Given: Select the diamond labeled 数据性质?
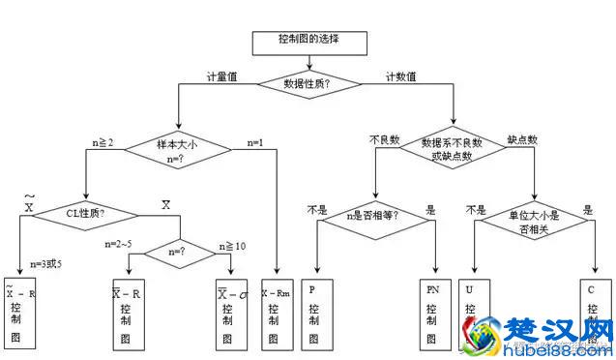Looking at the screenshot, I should click(x=307, y=84).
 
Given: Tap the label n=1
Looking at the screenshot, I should click(x=256, y=142).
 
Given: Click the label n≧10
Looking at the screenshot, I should click(x=234, y=246).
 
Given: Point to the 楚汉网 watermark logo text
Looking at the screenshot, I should click(x=571, y=332).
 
